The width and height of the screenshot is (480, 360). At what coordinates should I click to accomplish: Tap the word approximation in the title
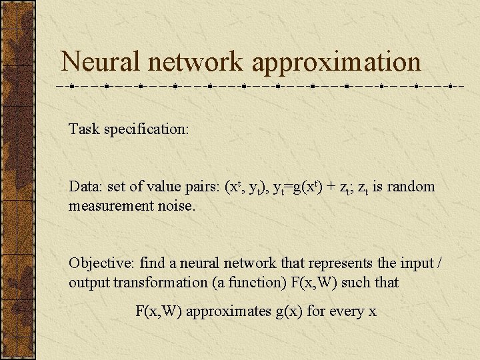[x=337, y=62]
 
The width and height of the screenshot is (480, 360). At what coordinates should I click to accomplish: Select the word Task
[x=83, y=129]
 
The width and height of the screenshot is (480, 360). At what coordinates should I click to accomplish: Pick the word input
[x=411, y=263]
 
